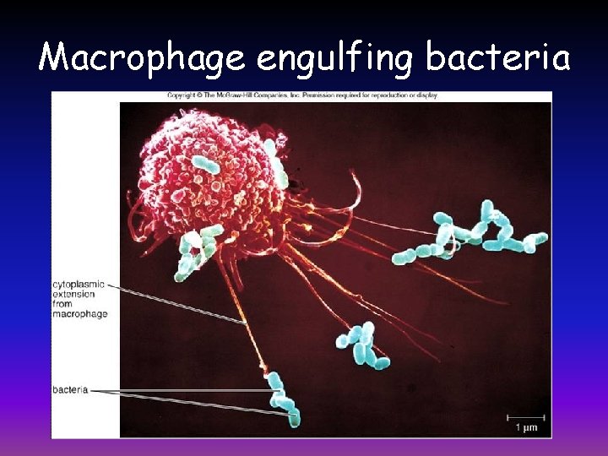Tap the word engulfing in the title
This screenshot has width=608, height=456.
pos(335,57)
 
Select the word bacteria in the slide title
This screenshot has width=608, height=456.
pos(497,57)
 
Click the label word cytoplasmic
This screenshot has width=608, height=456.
pos(78,285)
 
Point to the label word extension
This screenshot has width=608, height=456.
pos(76,295)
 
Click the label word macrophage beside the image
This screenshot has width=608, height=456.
pos(79,313)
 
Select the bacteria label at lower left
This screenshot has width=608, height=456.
pos(70,390)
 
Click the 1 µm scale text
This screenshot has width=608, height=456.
pos(525,428)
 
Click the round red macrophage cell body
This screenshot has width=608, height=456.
pos(203,182)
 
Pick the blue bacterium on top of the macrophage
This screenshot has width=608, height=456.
pos(205,165)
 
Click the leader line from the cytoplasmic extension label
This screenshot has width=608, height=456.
pos(177,304)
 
